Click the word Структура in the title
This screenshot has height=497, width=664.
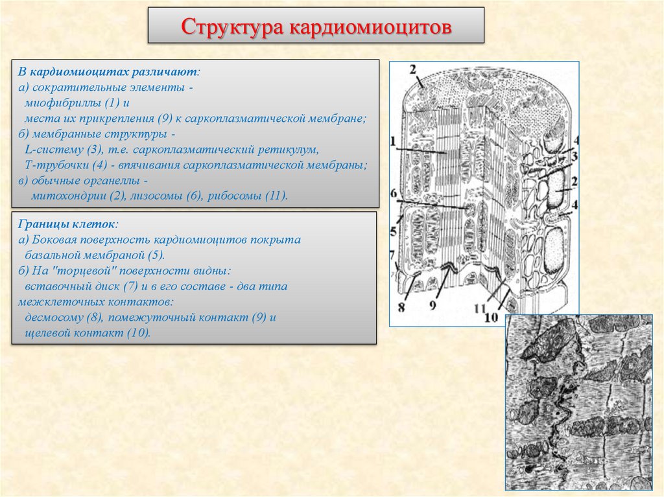pyautogui.click(x=232, y=27)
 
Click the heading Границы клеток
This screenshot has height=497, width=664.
pyautogui.click(x=67, y=224)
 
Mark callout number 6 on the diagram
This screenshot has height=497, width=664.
pyautogui.click(x=393, y=192)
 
